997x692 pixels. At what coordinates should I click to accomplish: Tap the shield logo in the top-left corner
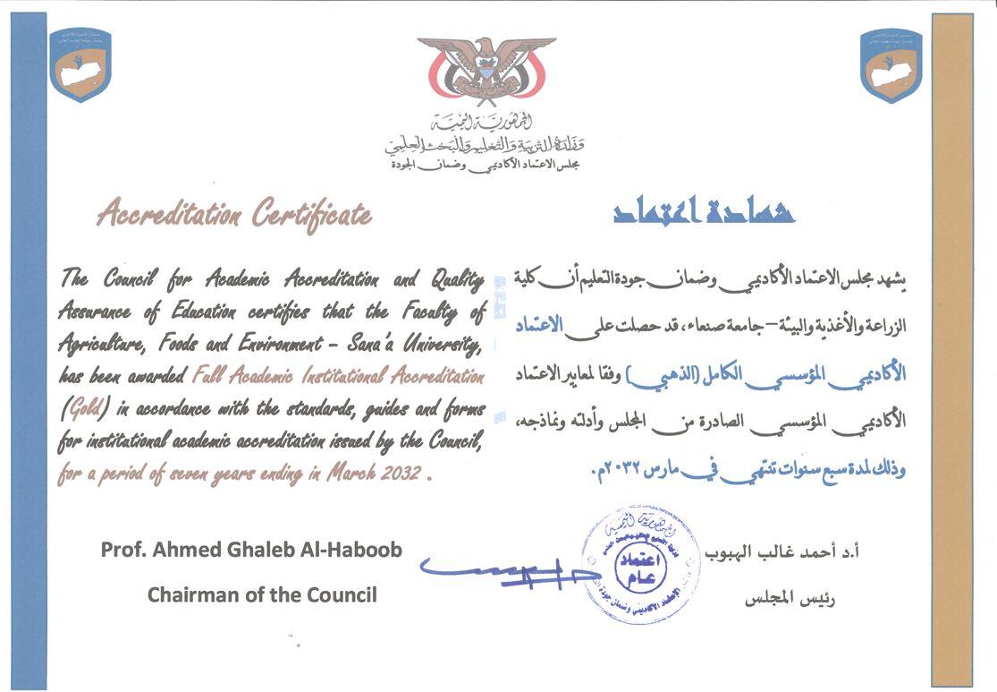80,64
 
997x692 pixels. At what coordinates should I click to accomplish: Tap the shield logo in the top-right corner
891,64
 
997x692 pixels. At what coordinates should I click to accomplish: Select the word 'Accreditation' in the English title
169,215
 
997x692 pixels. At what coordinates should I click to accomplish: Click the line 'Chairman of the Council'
262,594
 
